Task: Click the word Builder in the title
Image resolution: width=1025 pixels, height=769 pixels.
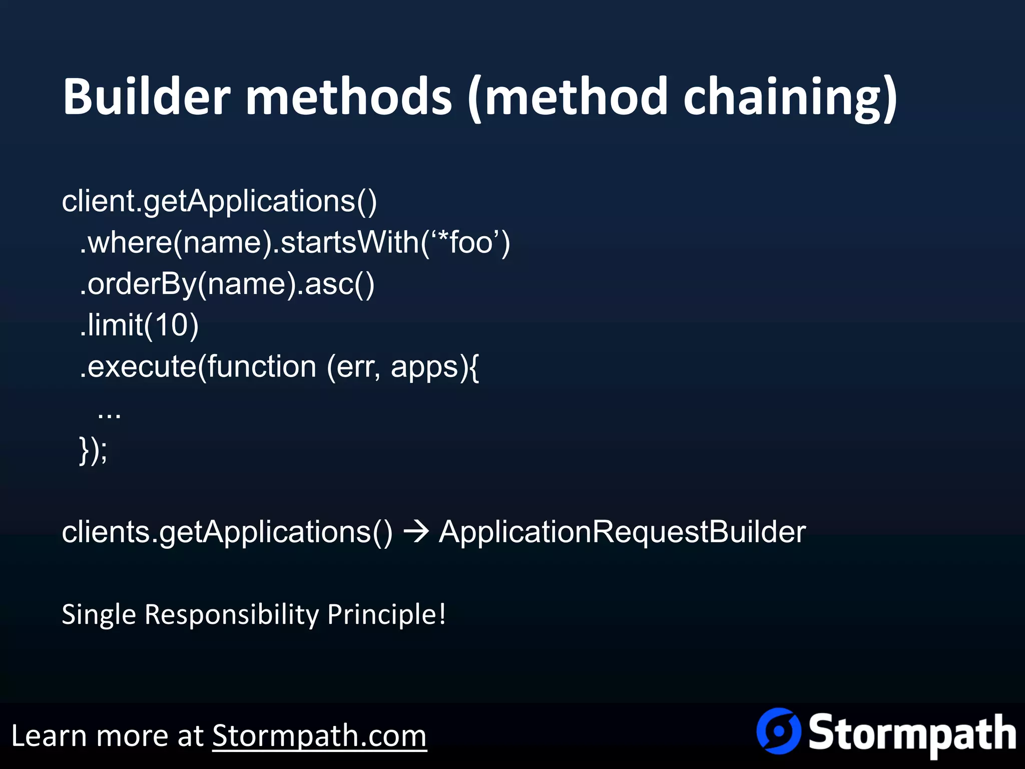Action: point(146,96)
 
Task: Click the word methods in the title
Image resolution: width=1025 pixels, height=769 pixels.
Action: point(349,96)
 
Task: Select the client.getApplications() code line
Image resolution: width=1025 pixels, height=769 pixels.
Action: point(219,201)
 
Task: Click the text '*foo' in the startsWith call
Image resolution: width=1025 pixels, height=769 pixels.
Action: point(465,243)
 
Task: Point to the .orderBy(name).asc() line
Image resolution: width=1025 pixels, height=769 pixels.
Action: point(227,284)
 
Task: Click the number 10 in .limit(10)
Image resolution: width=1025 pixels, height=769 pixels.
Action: point(171,325)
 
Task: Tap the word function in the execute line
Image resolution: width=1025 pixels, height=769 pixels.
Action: point(262,366)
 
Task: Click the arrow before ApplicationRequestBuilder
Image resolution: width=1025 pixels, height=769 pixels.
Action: point(415,532)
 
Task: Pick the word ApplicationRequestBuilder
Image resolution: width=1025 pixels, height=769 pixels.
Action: point(622,532)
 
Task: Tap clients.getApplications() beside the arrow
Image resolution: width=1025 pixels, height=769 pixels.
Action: point(227,532)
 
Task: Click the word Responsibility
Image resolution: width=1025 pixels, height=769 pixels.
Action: point(231,615)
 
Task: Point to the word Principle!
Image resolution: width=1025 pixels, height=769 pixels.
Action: point(386,615)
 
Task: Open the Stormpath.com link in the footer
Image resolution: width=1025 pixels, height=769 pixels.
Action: point(319,736)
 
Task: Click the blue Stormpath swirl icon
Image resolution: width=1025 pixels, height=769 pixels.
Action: point(778,731)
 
